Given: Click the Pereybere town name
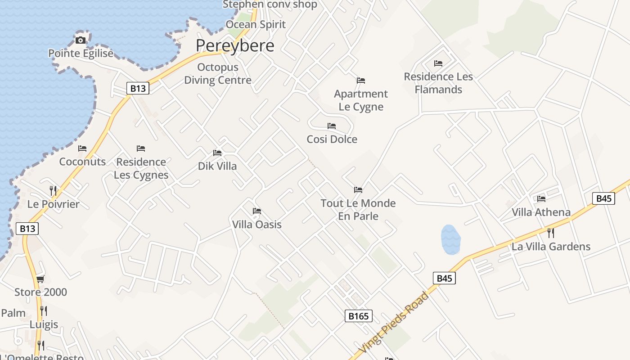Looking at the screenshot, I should tap(235, 45).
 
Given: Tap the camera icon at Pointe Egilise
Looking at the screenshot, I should tap(81, 40).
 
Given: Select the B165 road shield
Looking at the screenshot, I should tap(359, 316).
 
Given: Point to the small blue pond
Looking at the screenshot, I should tap(450, 239).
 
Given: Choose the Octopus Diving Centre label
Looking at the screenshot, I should tap(218, 74).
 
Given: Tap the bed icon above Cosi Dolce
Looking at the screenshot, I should tap(332, 126).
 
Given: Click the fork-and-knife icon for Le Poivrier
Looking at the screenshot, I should tap(53, 191).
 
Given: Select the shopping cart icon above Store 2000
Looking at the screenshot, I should tap(40, 279).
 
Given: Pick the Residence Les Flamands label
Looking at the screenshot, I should tap(438, 83).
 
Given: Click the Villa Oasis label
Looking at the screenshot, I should tap(257, 224).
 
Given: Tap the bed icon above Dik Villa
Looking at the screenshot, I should tap(217, 153).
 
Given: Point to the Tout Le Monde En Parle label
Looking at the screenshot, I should tap(358, 210).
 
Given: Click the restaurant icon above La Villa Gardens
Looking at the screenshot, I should tap(550, 233).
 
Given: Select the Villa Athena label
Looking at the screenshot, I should tap(541, 212).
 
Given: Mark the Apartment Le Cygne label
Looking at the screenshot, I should tap(361, 100).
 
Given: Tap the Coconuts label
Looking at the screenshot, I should tap(82, 162).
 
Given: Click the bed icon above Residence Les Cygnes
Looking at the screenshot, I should tap(141, 148).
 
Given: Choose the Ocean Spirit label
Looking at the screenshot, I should tap(256, 24).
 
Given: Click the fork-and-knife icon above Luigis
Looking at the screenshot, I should tap(44, 311).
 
